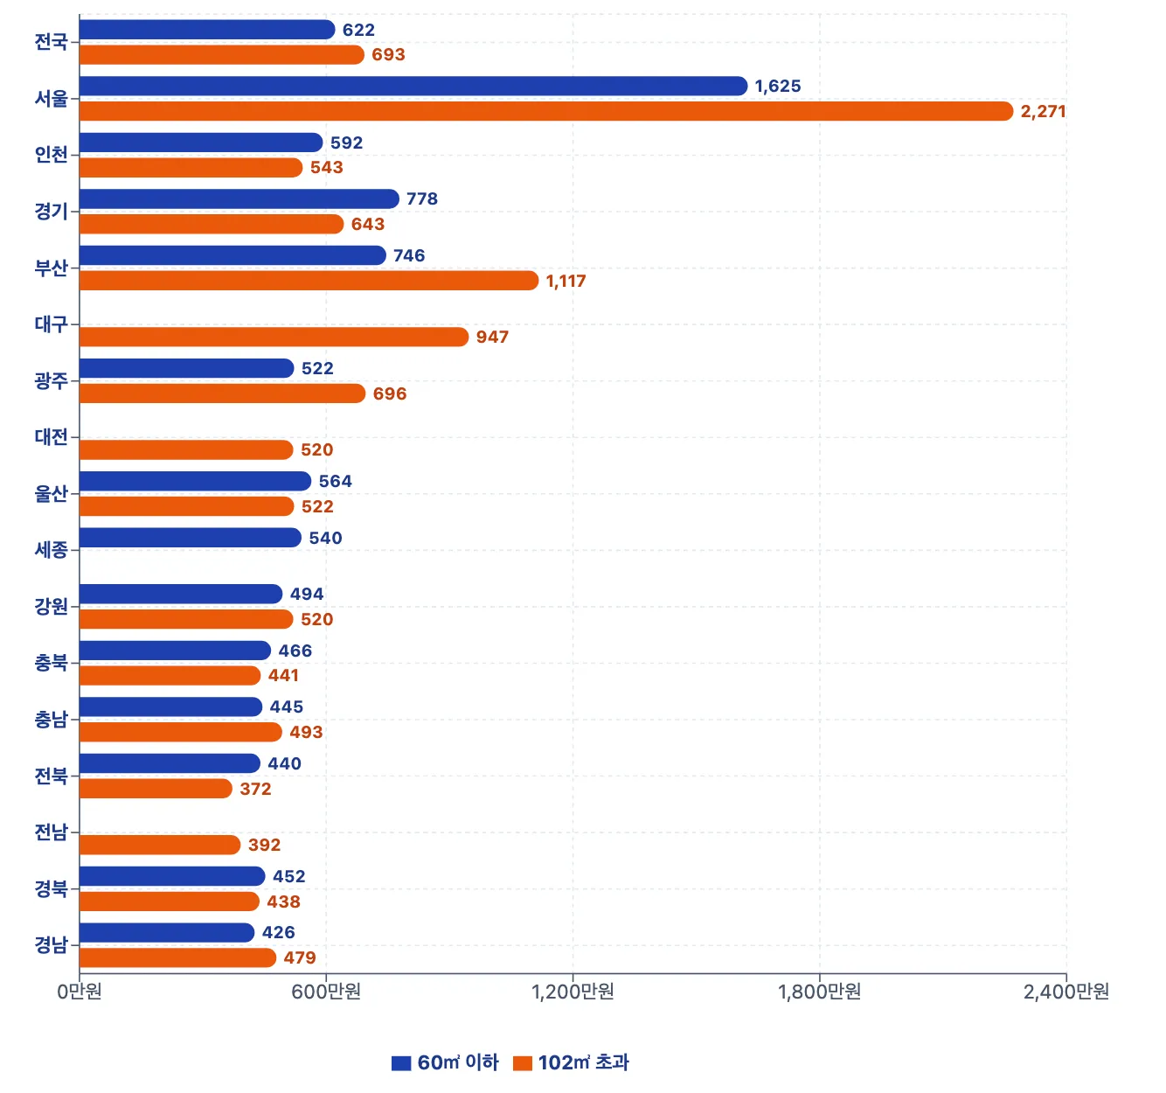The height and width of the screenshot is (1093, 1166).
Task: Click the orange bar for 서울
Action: (546, 111)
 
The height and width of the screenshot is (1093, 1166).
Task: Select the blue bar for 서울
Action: (413, 86)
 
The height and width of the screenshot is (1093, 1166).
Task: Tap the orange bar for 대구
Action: (274, 337)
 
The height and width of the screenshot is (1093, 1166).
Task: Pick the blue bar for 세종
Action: (191, 538)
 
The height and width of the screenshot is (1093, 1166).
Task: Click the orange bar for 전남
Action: (160, 845)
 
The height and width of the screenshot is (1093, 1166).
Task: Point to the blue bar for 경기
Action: (239, 198)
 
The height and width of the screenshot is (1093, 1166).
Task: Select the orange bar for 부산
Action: (309, 281)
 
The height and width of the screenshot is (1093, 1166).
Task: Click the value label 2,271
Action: (1043, 112)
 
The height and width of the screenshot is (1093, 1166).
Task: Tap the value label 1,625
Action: (778, 87)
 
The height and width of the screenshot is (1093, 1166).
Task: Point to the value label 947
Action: (492, 338)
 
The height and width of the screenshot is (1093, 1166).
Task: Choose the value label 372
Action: (255, 789)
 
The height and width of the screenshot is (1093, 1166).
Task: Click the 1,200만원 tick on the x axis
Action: (573, 992)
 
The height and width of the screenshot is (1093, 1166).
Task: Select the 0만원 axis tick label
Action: (80, 992)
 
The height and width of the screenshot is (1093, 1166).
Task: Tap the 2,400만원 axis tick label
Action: (1065, 992)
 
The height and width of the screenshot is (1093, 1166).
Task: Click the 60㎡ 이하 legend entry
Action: (446, 1062)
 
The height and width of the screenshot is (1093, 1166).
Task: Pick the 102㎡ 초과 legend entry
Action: (572, 1062)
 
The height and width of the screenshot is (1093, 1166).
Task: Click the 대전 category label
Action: (51, 437)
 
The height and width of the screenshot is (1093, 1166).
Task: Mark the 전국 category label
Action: (51, 42)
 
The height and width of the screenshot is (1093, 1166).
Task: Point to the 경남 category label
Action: (51, 945)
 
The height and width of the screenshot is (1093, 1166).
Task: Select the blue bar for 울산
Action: (195, 481)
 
